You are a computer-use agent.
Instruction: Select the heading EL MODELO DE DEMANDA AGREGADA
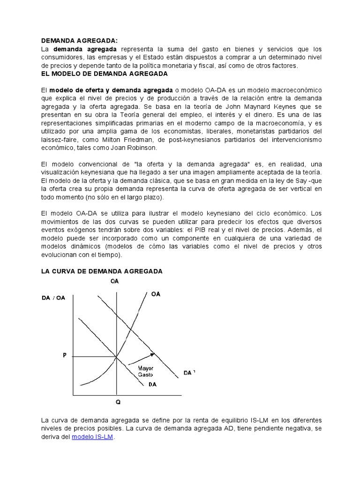pos(104,74)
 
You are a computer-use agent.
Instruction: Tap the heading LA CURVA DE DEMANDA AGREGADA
pos(101,271)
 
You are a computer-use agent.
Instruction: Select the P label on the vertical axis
pos(65,356)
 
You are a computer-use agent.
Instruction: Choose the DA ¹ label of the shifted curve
pos(189,373)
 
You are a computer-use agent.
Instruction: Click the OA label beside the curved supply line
pos(156,294)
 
